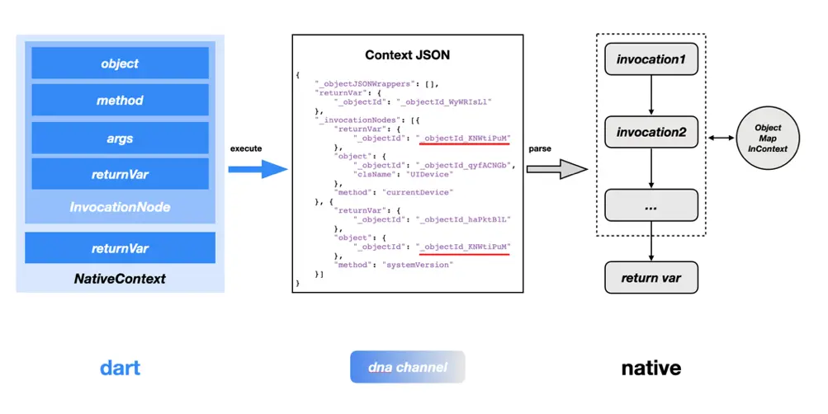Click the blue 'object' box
pyautogui.click(x=120, y=63)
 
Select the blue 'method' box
pyautogui.click(x=120, y=101)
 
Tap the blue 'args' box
pyautogui.click(x=120, y=139)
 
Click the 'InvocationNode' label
pyautogui.click(x=120, y=207)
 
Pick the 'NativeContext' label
pyautogui.click(x=120, y=279)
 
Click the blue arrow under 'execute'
pyautogui.click(x=258, y=169)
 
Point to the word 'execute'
pyautogui.click(x=246, y=148)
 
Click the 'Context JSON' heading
pyautogui.click(x=407, y=55)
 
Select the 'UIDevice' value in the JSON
pyautogui.click(x=428, y=174)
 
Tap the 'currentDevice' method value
pyautogui.click(x=418, y=192)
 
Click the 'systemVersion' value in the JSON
pyautogui.click(x=418, y=265)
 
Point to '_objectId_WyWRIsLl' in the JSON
pyautogui.click(x=444, y=101)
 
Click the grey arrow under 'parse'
pyautogui.click(x=556, y=169)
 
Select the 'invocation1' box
pyautogui.click(x=651, y=59)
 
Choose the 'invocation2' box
pyautogui.click(x=651, y=132)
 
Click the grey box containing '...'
pyautogui.click(x=651, y=205)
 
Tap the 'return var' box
pyautogui.click(x=651, y=277)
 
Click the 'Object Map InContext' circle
pyautogui.click(x=768, y=139)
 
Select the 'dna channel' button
pyautogui.click(x=407, y=367)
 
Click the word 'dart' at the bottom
pyautogui.click(x=120, y=368)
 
